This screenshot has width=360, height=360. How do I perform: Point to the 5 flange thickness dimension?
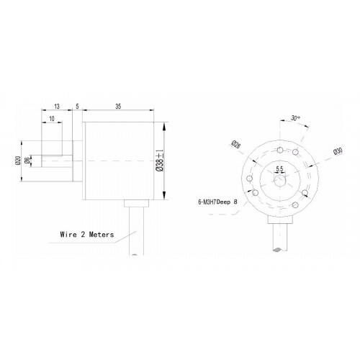pos(76,104)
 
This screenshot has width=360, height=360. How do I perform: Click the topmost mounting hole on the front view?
pos(277,149)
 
